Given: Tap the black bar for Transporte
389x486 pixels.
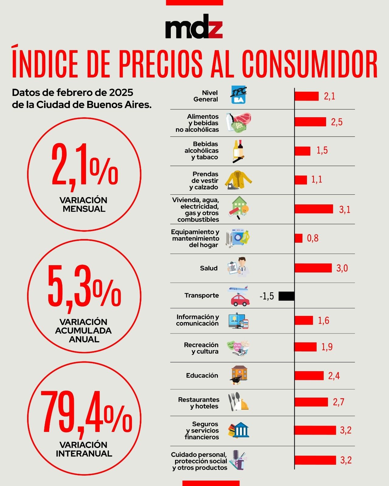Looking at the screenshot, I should pyautogui.click(x=286, y=296).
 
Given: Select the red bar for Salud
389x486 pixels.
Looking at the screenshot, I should pyautogui.click(x=313, y=268).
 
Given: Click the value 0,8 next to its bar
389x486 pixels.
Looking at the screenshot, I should pyautogui.click(x=313, y=238).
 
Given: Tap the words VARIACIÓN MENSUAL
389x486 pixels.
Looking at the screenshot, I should pyautogui.click(x=84, y=204).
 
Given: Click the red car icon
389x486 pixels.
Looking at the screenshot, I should pyautogui.click(x=240, y=299).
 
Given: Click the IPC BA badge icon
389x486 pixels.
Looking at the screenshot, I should pyautogui.click(x=239, y=95).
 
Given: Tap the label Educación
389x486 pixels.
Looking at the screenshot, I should pyautogui.click(x=202, y=375).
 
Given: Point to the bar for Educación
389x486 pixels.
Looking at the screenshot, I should pyautogui.click(x=309, y=376).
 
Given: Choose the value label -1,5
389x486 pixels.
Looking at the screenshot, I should pyautogui.click(x=267, y=296).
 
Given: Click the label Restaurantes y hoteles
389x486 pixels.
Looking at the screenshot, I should pyautogui.click(x=199, y=403).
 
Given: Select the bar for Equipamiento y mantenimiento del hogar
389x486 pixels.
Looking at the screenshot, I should pyautogui.click(x=298, y=238).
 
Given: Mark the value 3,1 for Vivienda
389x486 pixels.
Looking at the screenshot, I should pyautogui.click(x=345, y=209).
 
